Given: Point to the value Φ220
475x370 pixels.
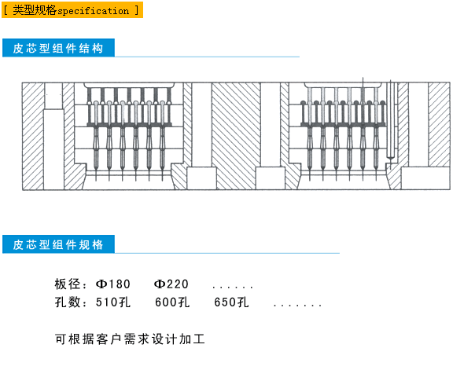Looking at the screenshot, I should [x=171, y=284].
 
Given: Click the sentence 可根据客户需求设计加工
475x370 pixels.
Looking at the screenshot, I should [x=130, y=340].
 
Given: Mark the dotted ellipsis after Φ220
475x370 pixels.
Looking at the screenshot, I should [x=233, y=286].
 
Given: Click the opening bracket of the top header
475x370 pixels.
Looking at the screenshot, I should [x=6, y=11].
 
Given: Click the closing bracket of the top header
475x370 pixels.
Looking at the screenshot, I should [x=138, y=11].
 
